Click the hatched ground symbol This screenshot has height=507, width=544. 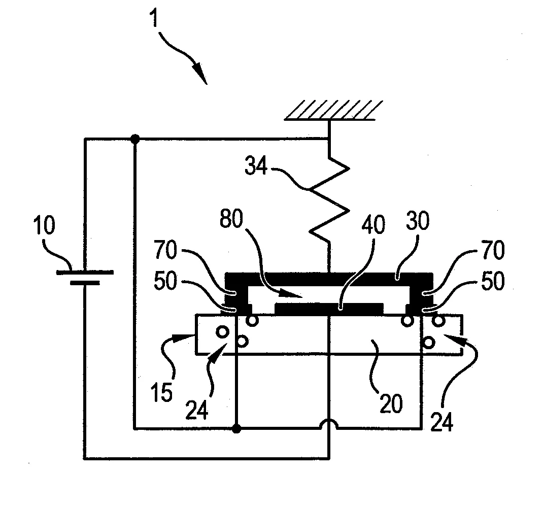coord(330,110)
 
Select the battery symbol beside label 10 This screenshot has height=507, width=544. coord(84,277)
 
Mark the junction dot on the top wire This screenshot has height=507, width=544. coord(134,139)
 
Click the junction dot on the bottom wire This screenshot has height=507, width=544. coord(236,429)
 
